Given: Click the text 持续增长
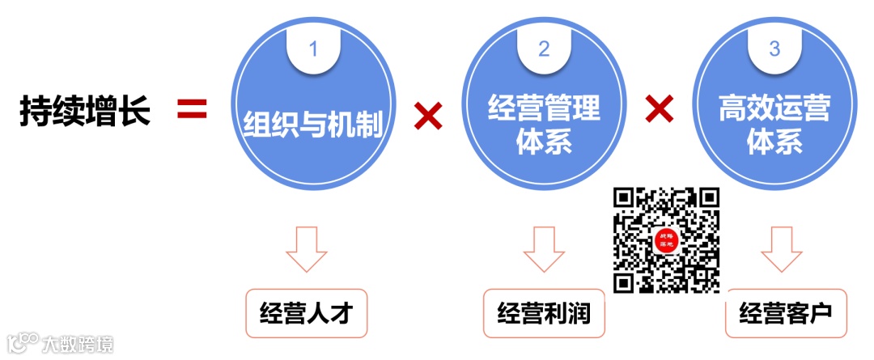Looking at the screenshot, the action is [x=85, y=112].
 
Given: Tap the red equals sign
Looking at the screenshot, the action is [x=193, y=111].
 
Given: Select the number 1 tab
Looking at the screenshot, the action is [x=313, y=49].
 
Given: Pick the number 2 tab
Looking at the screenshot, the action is [x=545, y=49].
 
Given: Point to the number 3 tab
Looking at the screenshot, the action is [x=774, y=49].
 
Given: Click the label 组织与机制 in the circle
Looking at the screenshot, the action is [x=312, y=128].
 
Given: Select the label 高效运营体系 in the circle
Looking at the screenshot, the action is [x=774, y=125].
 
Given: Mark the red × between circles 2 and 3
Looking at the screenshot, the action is [x=660, y=110].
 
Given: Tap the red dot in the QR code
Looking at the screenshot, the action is [x=667, y=240].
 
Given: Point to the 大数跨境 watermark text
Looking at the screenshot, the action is [x=78, y=343].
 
